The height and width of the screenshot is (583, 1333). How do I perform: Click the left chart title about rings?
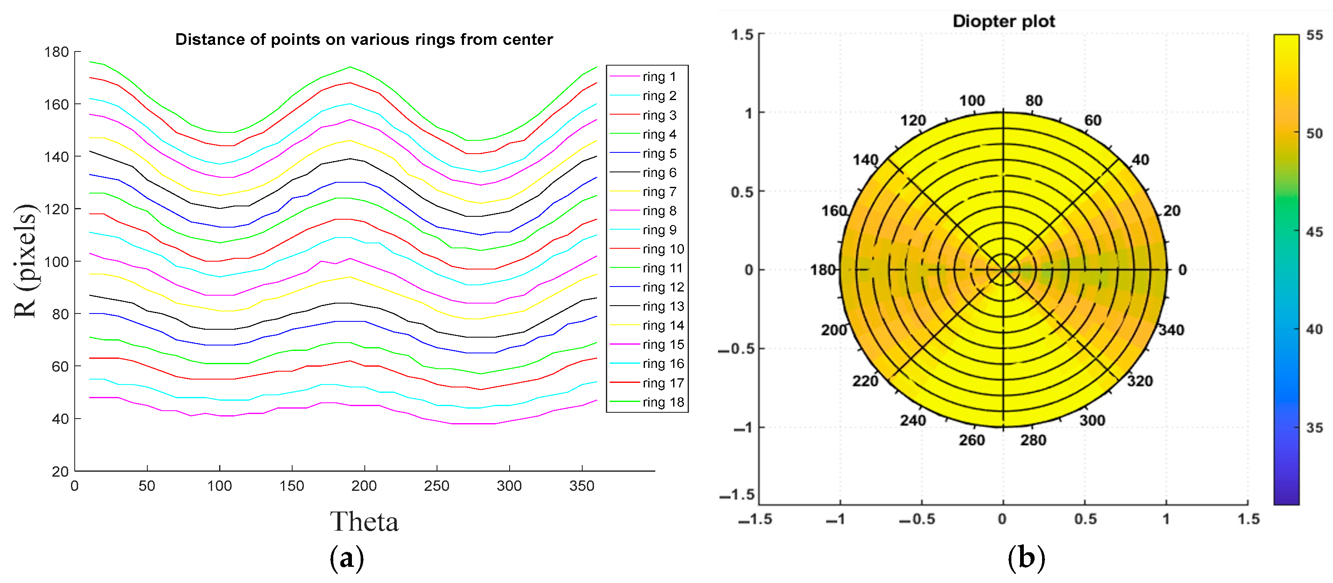click(x=364, y=39)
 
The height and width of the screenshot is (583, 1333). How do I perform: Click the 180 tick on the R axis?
click(x=56, y=52)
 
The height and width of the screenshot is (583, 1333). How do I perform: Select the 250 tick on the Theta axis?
click(x=436, y=486)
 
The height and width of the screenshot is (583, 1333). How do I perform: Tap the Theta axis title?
click(x=364, y=522)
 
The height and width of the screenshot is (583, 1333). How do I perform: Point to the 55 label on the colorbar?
click(x=1314, y=35)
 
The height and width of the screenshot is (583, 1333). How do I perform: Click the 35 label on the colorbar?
click(x=1314, y=428)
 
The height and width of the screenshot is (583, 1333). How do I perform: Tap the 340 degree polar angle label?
click(x=1171, y=330)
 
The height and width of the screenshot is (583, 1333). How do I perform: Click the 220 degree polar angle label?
click(x=865, y=381)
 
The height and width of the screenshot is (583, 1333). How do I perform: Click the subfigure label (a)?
click(x=346, y=558)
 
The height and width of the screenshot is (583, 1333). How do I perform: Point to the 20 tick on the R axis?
click(x=60, y=471)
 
